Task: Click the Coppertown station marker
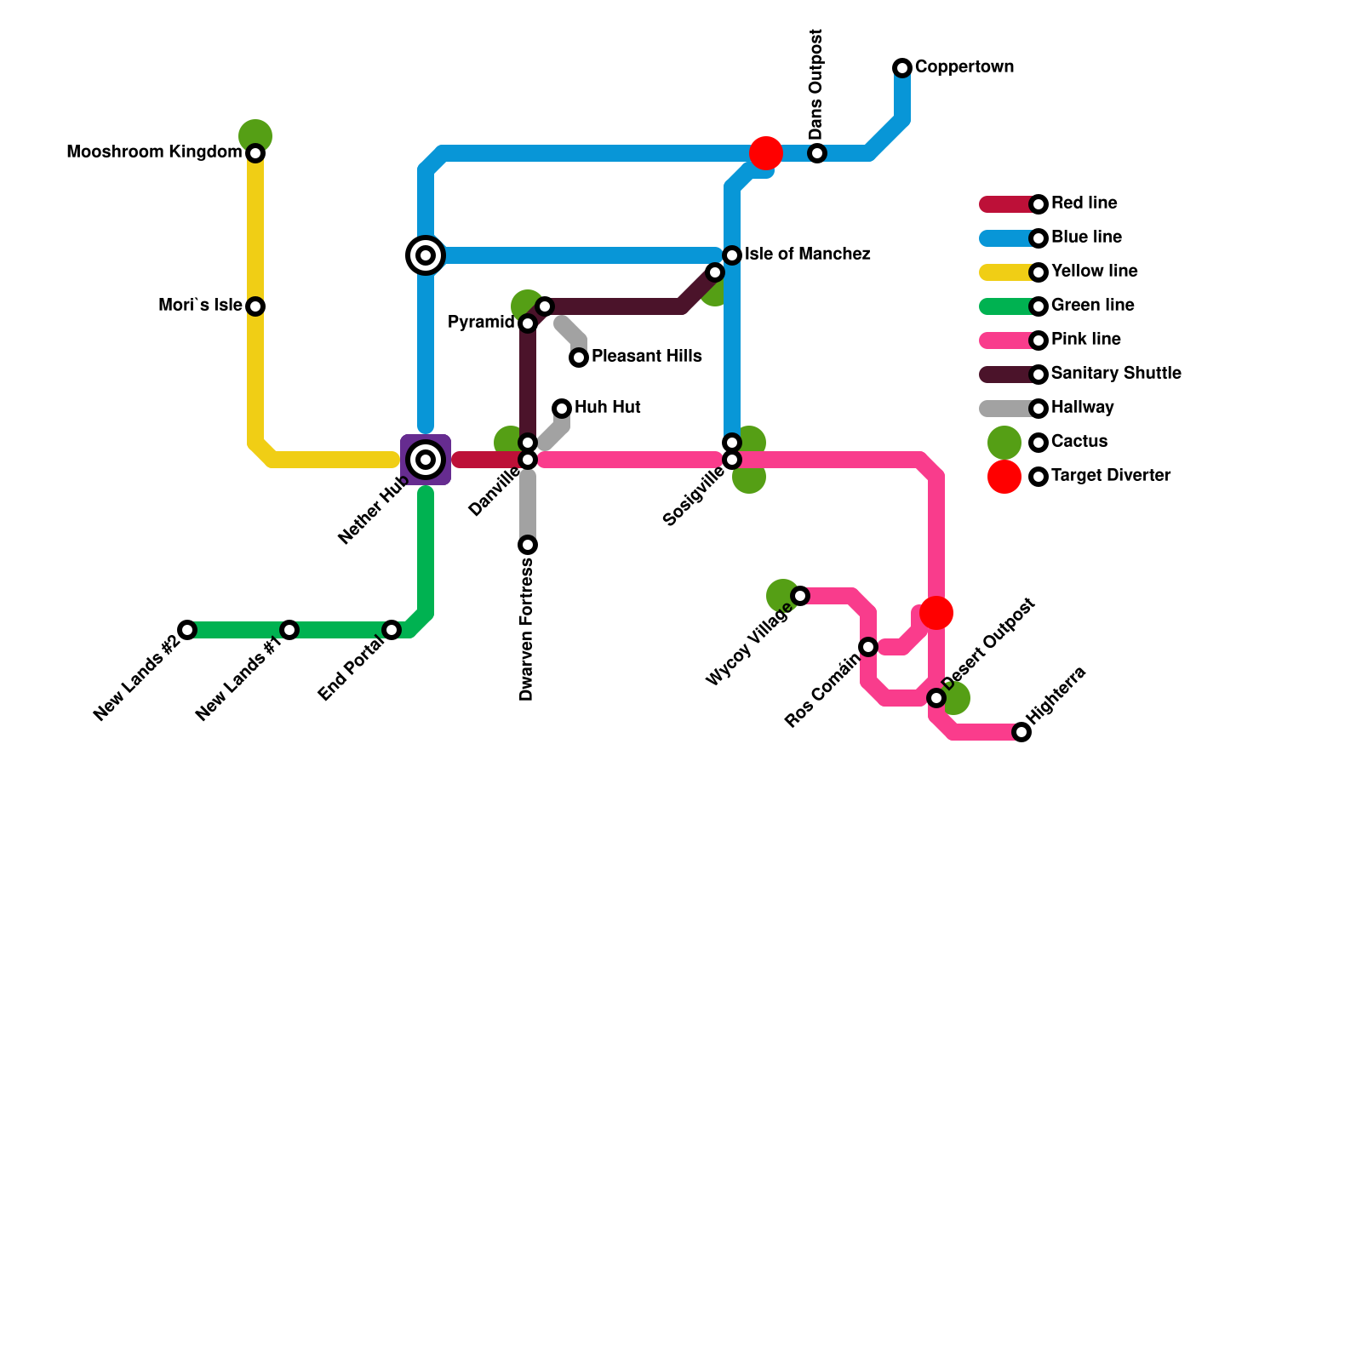coord(902,68)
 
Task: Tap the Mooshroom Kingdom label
coord(153,152)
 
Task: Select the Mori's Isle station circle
coord(255,306)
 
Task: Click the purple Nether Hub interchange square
coord(426,460)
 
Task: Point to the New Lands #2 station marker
coord(187,630)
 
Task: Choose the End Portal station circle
coord(392,630)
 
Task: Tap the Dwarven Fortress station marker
coord(528,545)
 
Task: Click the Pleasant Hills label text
coord(646,357)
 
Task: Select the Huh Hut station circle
coord(562,409)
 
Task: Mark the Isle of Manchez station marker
coord(732,255)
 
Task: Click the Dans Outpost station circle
coord(817,153)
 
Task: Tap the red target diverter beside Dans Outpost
coord(766,153)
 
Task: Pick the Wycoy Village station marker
coord(800,596)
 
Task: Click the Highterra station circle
coord(1021,732)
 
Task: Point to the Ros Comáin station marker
coord(868,647)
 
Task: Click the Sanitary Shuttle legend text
coord(1115,374)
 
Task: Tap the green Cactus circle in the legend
coord(1004,443)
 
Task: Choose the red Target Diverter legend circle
coord(1004,477)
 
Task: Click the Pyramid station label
coord(481,323)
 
